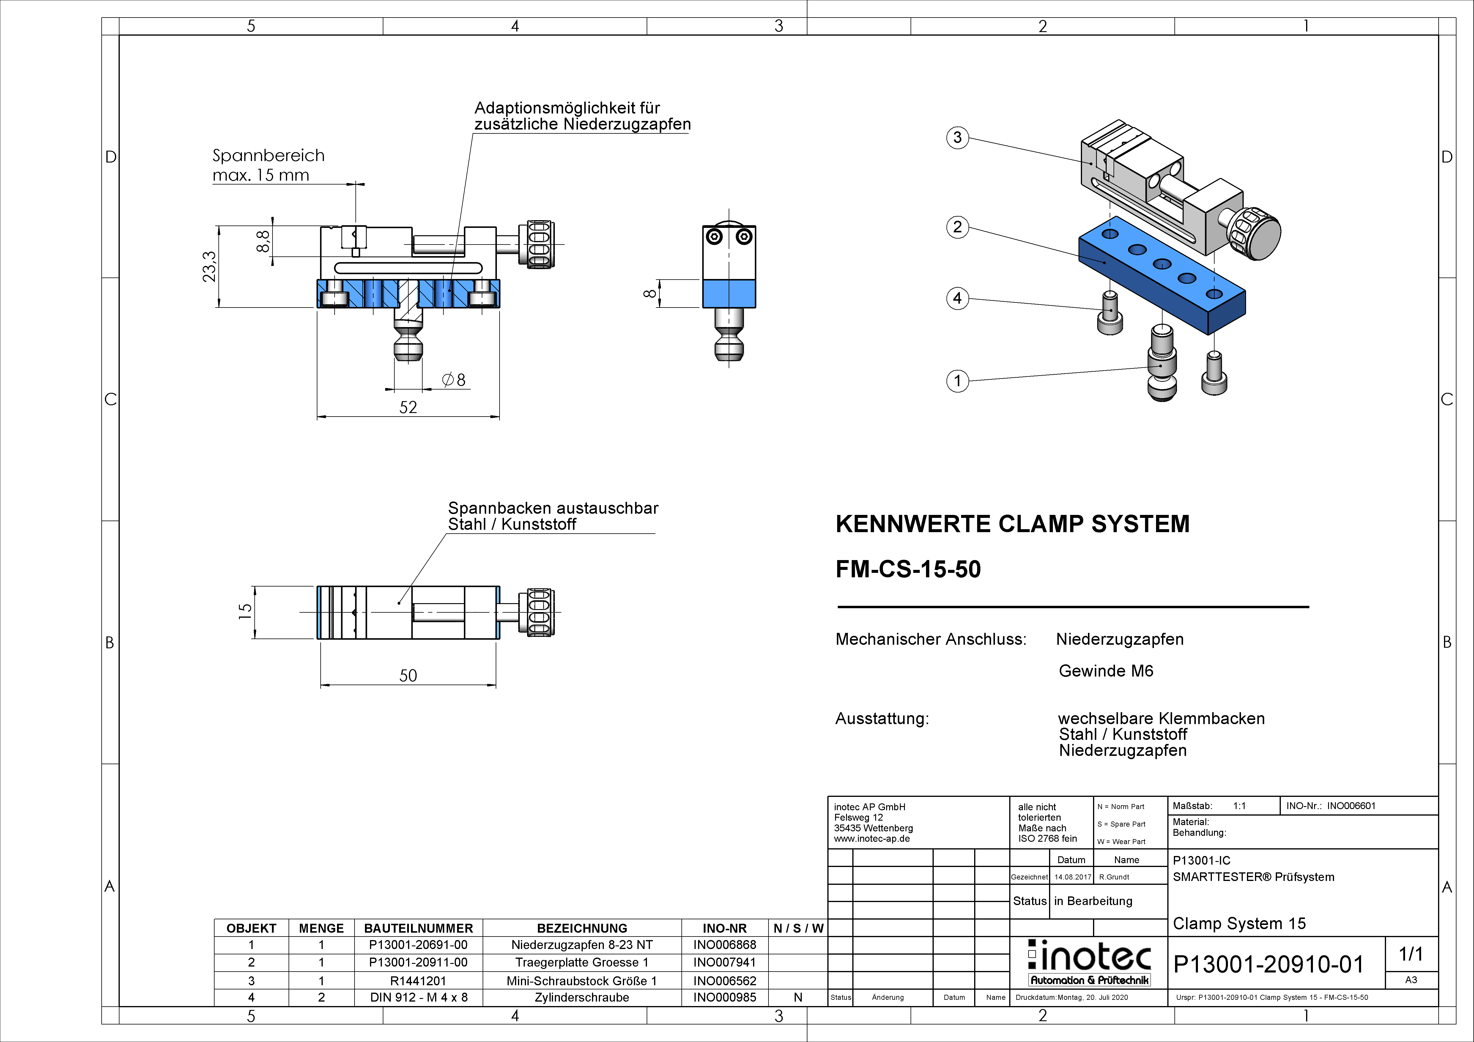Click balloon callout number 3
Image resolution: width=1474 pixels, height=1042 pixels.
[x=957, y=137]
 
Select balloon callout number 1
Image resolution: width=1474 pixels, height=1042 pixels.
[x=957, y=381]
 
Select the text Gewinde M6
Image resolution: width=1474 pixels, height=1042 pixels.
[x=1105, y=671]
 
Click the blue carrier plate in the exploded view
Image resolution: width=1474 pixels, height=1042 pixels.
[x=1162, y=276]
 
